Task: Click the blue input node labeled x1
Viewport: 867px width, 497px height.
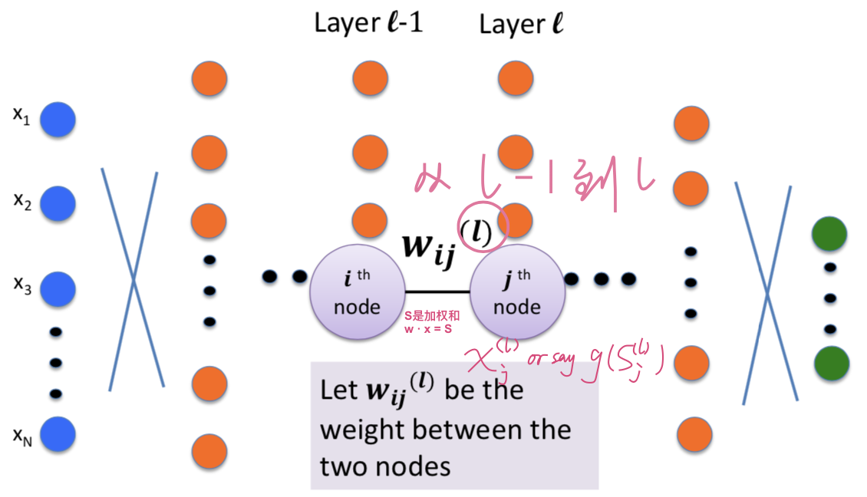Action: pos(58,120)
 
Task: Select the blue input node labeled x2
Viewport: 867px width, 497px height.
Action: pos(58,203)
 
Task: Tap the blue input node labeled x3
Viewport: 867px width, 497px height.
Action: pos(58,289)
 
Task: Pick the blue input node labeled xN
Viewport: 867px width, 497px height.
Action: pos(58,434)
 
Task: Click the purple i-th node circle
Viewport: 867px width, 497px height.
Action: pos(358,291)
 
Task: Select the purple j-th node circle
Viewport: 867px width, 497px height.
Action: pos(516,291)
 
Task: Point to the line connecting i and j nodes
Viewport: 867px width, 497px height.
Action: pos(437,291)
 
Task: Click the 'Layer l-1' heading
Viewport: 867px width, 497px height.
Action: pos(368,23)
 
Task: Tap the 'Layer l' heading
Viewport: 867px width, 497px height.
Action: pos(522,24)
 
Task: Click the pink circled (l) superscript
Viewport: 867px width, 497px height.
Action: pos(482,228)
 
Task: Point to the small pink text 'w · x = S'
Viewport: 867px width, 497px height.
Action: pos(430,328)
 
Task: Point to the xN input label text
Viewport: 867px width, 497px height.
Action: pos(22,436)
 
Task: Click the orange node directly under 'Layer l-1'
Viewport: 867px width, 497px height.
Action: pos(371,78)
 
